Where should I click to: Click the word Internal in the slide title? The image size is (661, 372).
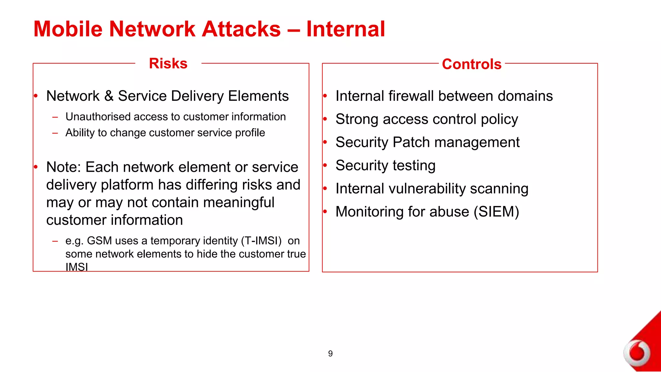345,29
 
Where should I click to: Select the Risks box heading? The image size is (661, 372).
168,63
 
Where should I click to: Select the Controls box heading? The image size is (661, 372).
472,64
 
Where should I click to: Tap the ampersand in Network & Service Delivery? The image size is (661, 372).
109,96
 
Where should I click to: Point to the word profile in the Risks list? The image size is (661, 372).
250,133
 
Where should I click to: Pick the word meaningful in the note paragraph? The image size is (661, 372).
239,202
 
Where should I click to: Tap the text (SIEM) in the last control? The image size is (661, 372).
496,212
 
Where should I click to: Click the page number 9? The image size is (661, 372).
330,354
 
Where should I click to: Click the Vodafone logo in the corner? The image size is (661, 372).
637,353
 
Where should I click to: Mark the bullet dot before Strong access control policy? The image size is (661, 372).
325,119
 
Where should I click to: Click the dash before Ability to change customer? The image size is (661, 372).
55,133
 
